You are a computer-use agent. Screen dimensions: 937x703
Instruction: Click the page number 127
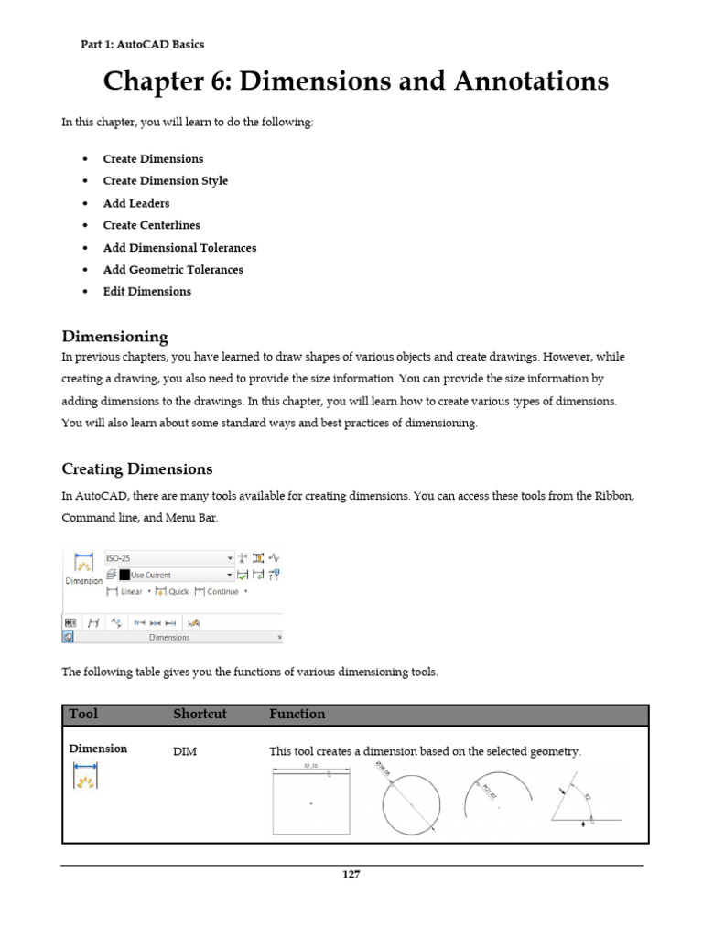[x=351, y=874]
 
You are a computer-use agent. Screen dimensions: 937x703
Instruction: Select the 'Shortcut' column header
[x=200, y=714]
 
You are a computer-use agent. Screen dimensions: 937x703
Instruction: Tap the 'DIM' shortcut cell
[x=185, y=751]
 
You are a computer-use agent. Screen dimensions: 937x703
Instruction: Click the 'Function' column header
[x=297, y=714]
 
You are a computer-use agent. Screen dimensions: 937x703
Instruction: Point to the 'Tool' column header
[x=83, y=714]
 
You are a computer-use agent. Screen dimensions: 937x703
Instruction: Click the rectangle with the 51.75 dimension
[x=311, y=800]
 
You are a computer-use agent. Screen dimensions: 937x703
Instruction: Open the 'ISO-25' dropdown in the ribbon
[x=169, y=557]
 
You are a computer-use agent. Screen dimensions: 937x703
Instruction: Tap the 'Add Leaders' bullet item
[x=136, y=203]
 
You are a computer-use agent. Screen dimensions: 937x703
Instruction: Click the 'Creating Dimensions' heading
[x=136, y=469]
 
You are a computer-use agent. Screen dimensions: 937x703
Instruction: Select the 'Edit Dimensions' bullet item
[x=147, y=292]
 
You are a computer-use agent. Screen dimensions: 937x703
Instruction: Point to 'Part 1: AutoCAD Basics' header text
[x=143, y=44]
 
